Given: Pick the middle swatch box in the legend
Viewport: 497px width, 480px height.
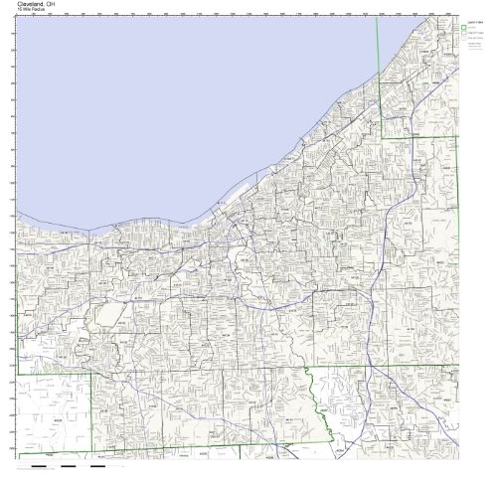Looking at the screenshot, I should [462, 37].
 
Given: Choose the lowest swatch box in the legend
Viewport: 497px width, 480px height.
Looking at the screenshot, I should [462, 45].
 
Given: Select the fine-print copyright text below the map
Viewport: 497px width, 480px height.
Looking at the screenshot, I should [40, 471].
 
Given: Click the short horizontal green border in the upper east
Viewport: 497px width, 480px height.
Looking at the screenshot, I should [417, 135].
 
